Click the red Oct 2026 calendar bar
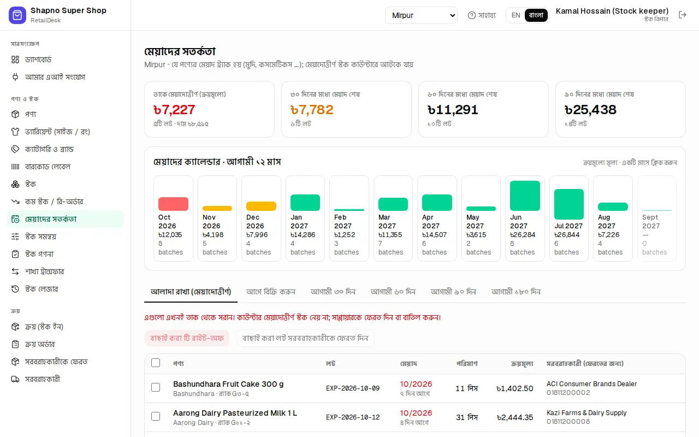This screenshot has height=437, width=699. [173, 204]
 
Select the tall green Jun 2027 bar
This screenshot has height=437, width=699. [525, 196]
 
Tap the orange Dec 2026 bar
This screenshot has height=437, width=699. [261, 206]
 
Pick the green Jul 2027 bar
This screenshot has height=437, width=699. [569, 204]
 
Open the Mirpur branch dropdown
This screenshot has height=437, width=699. [421, 15]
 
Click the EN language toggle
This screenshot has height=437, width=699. [516, 15]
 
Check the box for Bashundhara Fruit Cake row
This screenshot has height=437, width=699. [156, 387]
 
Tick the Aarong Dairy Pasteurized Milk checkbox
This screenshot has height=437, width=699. [156, 416]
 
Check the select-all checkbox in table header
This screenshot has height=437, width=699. [156, 363]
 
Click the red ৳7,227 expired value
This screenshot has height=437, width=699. [174, 110]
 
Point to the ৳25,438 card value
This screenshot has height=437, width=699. [590, 110]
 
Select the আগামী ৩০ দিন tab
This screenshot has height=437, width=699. [333, 292]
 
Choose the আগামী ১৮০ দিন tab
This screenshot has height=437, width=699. [516, 292]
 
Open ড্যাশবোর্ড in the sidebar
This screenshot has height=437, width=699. [38, 60]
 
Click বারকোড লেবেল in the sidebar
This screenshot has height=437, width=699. [48, 167]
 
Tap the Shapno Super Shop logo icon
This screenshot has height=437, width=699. [17, 15]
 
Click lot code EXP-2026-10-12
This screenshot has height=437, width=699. [353, 417]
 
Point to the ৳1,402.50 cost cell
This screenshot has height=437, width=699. [514, 388]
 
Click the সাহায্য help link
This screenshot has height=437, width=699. [482, 15]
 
